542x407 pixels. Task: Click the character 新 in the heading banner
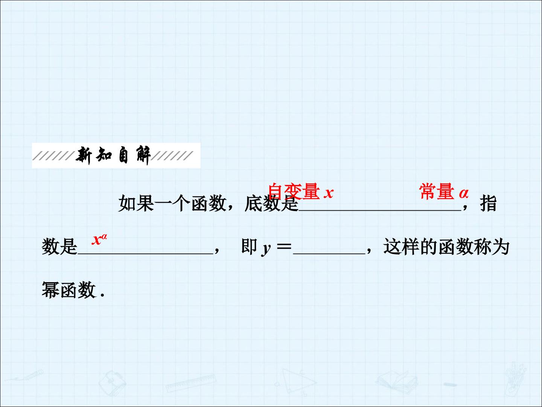[x=84, y=155]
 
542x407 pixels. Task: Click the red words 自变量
[x=294, y=191]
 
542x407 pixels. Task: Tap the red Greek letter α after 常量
[x=464, y=193]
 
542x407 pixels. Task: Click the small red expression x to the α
[x=99, y=239]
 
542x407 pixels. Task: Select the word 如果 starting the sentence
[x=136, y=203]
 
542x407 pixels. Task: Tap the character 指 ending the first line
[x=488, y=203]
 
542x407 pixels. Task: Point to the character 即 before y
[x=249, y=246]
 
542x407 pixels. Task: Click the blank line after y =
[x=329, y=254]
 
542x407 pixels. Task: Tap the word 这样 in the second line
[x=401, y=246]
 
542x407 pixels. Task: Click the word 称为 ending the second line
[x=492, y=246]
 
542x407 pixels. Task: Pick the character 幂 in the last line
[x=50, y=289]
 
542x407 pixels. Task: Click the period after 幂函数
[x=102, y=295]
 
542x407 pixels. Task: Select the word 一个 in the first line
[x=172, y=203]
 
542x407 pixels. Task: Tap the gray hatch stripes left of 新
[x=53, y=156]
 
